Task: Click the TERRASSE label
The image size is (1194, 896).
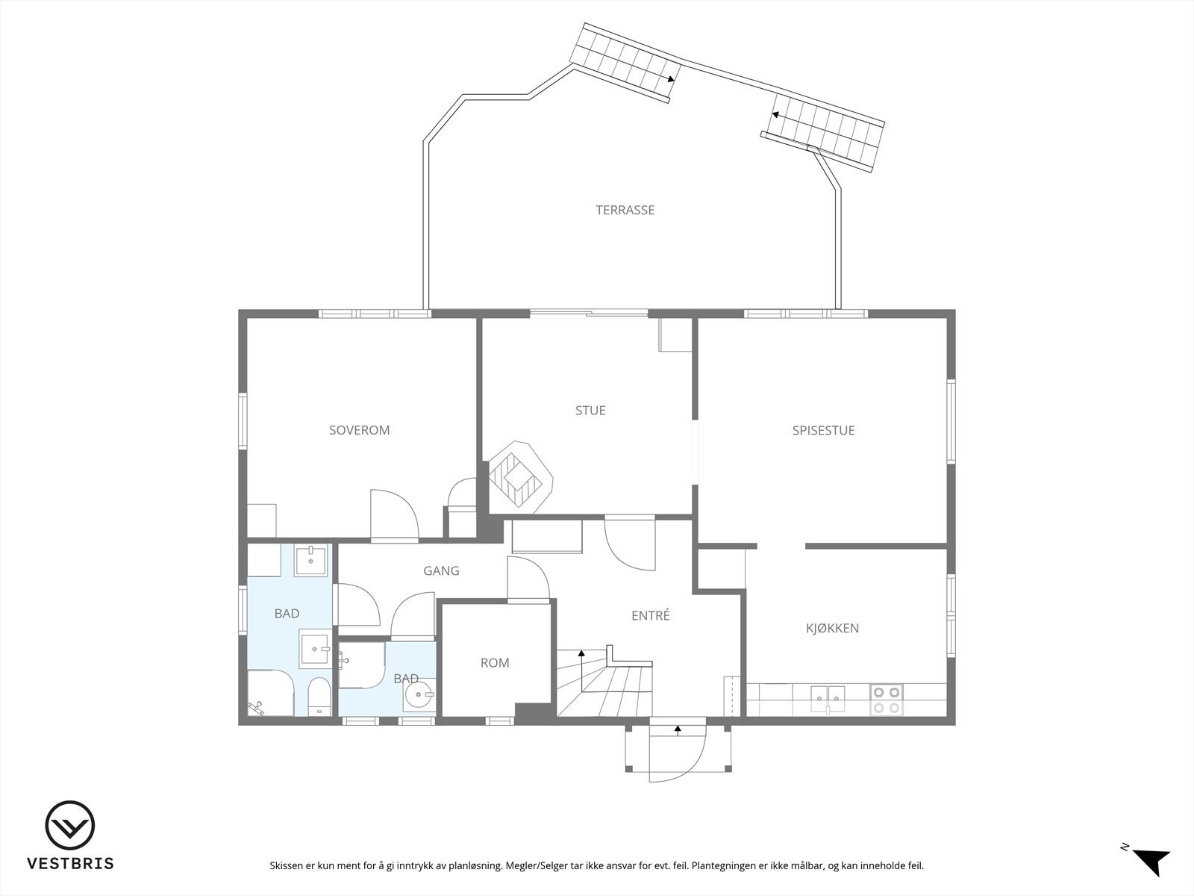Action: click(x=625, y=210)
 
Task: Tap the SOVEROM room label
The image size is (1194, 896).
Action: click(x=360, y=430)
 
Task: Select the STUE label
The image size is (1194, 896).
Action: click(x=590, y=410)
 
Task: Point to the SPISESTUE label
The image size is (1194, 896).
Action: click(x=824, y=430)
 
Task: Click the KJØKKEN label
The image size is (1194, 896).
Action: click(x=832, y=629)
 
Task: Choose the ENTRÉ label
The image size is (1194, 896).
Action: click(x=651, y=615)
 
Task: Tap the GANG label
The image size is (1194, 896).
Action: click(x=441, y=570)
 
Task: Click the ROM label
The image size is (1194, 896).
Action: click(x=495, y=662)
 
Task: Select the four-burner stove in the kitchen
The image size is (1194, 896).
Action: click(x=886, y=700)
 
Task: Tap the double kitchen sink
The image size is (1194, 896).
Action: click(x=828, y=699)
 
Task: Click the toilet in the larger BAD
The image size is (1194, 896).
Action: click(x=318, y=697)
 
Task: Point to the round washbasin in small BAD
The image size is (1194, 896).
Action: click(x=419, y=694)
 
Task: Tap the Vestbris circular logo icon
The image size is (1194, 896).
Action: click(x=70, y=825)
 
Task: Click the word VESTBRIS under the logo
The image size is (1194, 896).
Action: click(x=71, y=863)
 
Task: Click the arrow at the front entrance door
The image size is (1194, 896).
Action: click(x=678, y=730)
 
